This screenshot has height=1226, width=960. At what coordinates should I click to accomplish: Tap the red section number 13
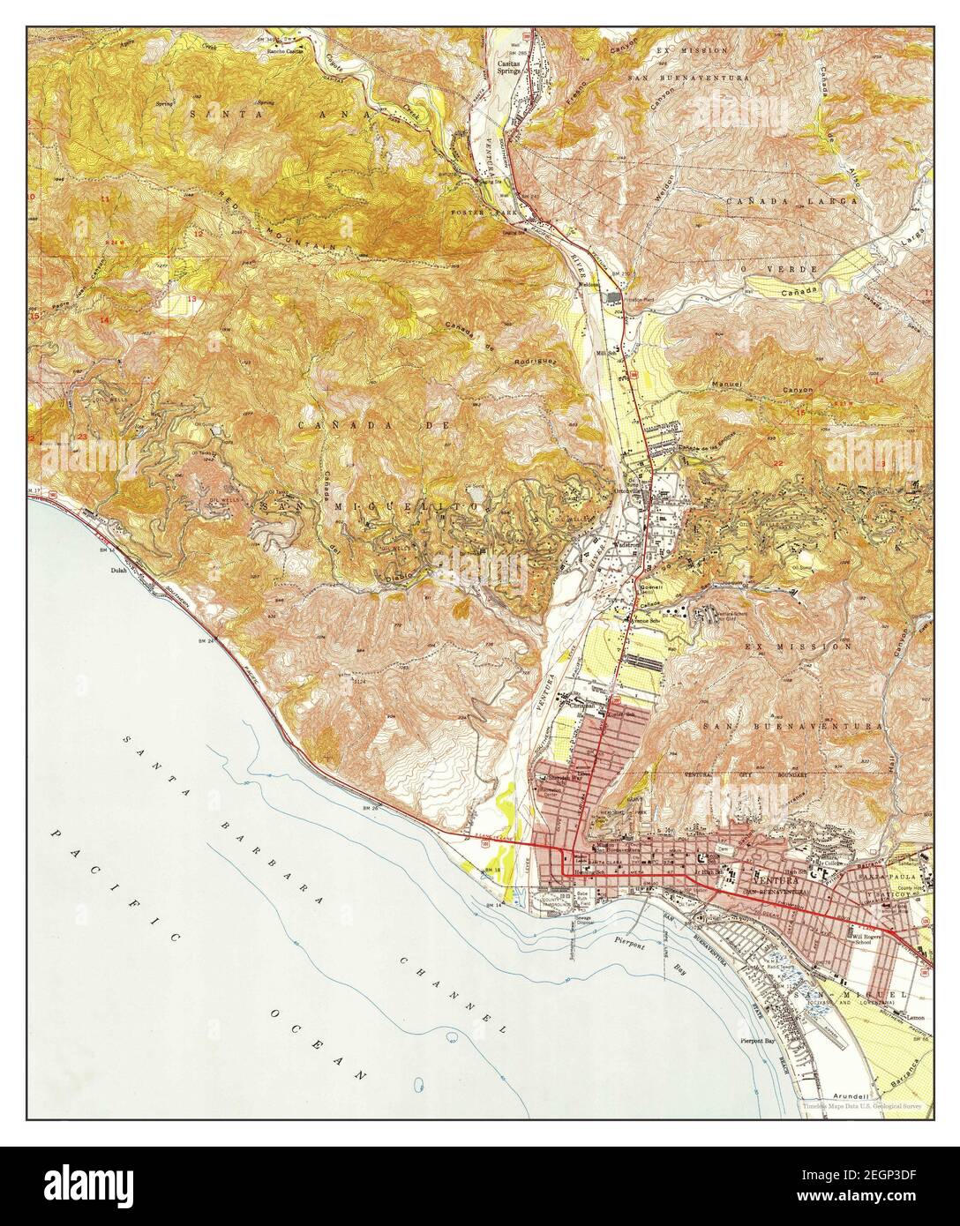click(191, 300)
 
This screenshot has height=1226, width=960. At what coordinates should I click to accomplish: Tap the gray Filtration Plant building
click(612, 297)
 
